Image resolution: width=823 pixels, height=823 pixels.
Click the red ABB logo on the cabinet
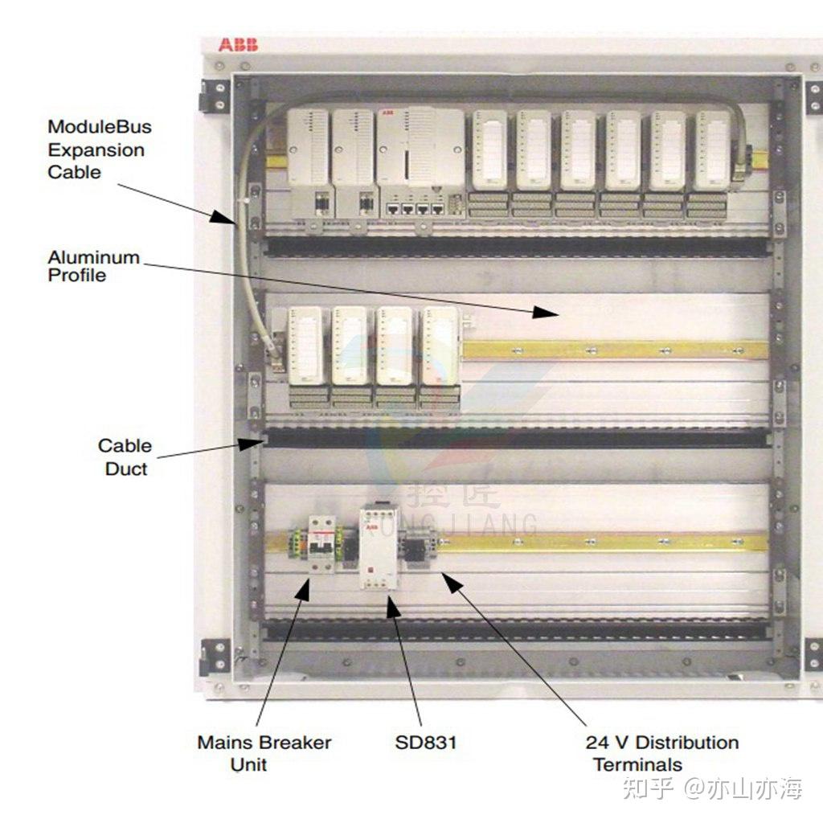238,45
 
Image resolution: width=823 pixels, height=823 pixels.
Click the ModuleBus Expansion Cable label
99,149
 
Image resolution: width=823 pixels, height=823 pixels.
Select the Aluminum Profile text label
93,266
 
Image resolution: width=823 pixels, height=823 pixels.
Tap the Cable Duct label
125,457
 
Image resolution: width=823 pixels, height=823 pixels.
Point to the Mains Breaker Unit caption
264,753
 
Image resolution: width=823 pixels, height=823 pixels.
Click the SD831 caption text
425,743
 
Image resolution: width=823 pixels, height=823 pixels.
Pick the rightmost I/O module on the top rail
712,161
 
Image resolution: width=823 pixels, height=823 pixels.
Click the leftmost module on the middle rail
309,354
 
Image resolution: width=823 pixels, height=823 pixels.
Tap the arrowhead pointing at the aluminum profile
547,312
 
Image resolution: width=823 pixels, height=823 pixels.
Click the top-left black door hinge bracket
215,96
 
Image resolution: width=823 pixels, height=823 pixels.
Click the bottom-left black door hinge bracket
215,657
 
